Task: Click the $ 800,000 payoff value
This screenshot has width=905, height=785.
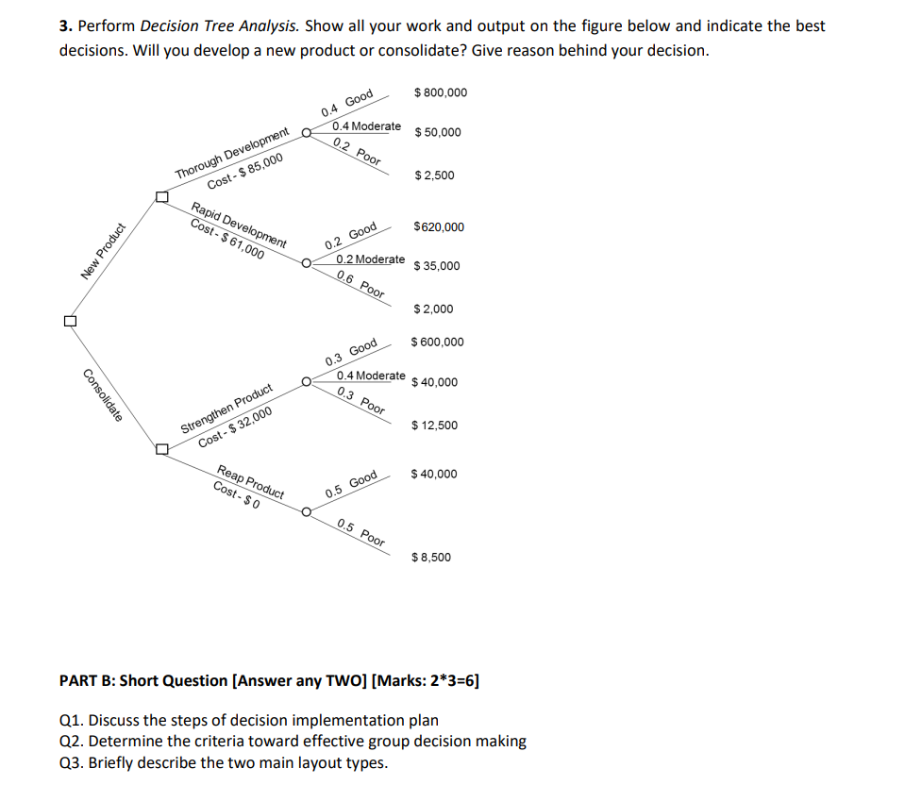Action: tap(441, 92)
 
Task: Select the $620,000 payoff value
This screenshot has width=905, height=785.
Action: tap(439, 227)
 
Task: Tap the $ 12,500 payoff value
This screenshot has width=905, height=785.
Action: tap(435, 426)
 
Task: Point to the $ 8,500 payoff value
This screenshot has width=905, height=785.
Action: tap(432, 558)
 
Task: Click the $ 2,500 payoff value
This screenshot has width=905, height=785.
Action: tap(435, 175)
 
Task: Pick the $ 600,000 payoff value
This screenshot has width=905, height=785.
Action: tap(438, 342)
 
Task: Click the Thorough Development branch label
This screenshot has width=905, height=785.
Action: tap(232, 155)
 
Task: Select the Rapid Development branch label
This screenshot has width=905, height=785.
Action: tap(240, 225)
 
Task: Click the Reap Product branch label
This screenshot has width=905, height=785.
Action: tap(251, 481)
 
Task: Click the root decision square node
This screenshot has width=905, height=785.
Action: tap(68, 321)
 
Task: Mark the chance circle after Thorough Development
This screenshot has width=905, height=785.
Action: tap(307, 133)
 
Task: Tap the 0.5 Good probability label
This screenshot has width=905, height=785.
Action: tap(351, 484)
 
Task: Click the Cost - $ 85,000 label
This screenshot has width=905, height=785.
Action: tap(244, 172)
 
